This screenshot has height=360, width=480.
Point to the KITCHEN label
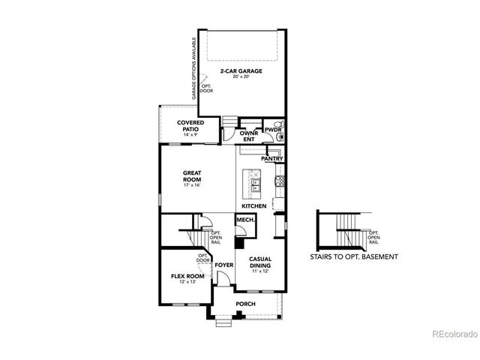tap(253, 205)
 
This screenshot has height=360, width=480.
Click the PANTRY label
tap(271, 159)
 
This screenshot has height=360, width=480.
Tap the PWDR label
tap(271, 130)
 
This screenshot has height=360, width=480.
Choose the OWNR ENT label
tap(248, 136)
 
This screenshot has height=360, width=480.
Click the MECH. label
tap(244, 220)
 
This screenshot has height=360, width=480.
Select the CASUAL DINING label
tap(259, 262)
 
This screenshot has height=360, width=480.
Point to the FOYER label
tap(223, 265)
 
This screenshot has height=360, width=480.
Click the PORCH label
tap(245, 304)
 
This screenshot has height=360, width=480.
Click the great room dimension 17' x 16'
tap(193, 185)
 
